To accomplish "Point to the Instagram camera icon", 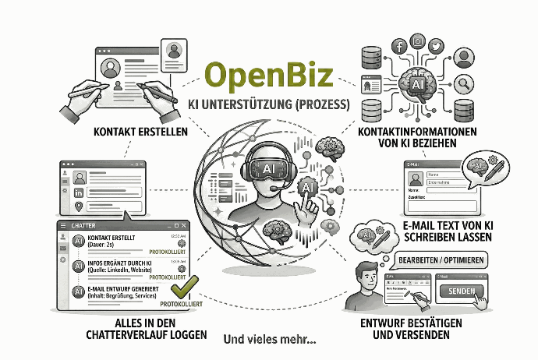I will (x=418, y=41).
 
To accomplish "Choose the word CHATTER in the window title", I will (x=83, y=225).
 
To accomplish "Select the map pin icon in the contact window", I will (x=78, y=206).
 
